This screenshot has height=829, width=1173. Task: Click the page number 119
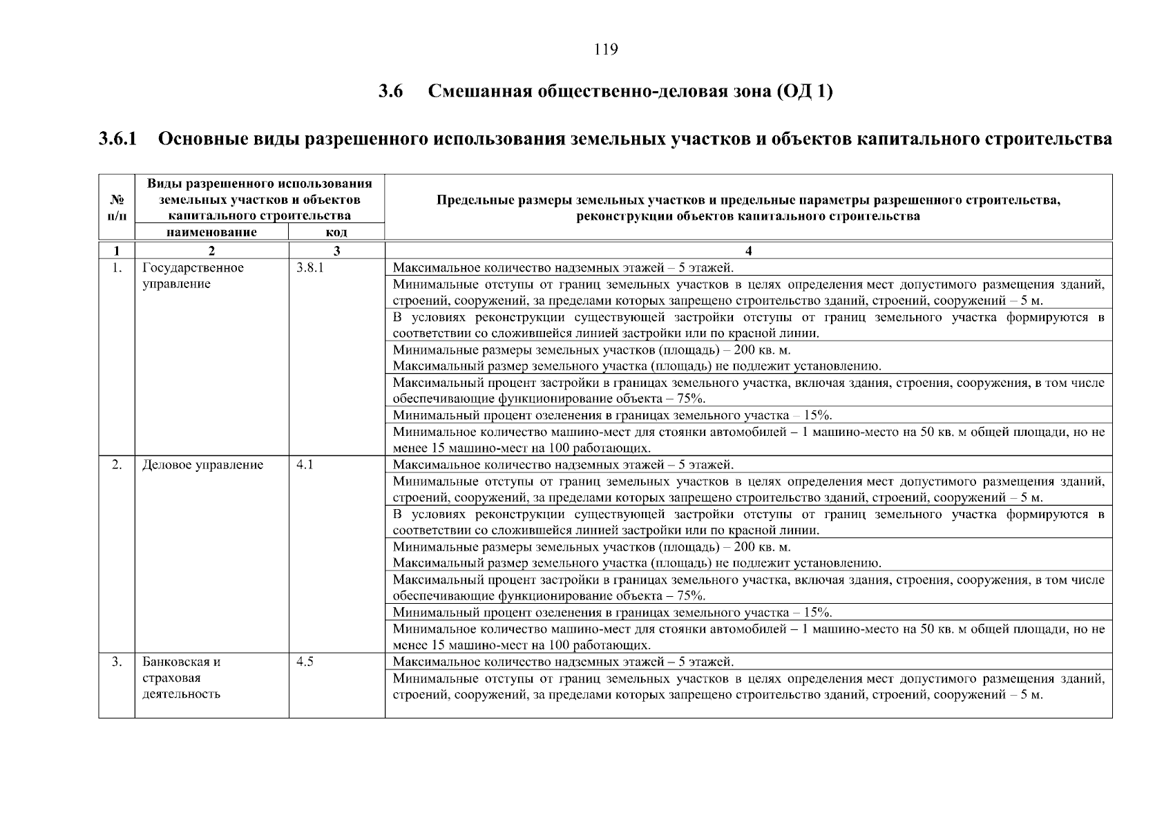(605, 50)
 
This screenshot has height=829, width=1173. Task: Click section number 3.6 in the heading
(391, 92)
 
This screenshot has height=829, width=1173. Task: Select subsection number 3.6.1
(118, 139)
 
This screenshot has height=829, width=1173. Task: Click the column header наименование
(211, 232)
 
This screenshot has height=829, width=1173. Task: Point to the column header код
(336, 232)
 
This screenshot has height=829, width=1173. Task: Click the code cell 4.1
(305, 465)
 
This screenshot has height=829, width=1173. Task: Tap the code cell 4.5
(305, 662)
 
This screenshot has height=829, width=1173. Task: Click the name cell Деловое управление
(202, 465)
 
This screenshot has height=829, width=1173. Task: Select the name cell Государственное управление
(193, 276)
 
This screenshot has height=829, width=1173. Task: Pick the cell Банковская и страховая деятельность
(182, 678)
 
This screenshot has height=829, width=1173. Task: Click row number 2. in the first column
(117, 465)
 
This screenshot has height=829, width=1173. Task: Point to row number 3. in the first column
(117, 662)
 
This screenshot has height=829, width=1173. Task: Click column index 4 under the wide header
(748, 251)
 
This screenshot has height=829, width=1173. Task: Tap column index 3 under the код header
(336, 251)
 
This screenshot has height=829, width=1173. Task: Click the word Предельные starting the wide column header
(470, 200)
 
